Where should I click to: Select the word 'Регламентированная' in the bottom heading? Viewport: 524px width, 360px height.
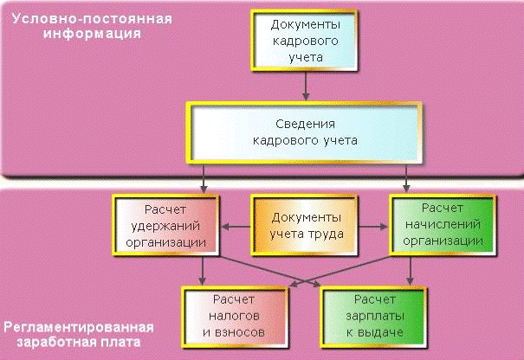pyautogui.click(x=78, y=328)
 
